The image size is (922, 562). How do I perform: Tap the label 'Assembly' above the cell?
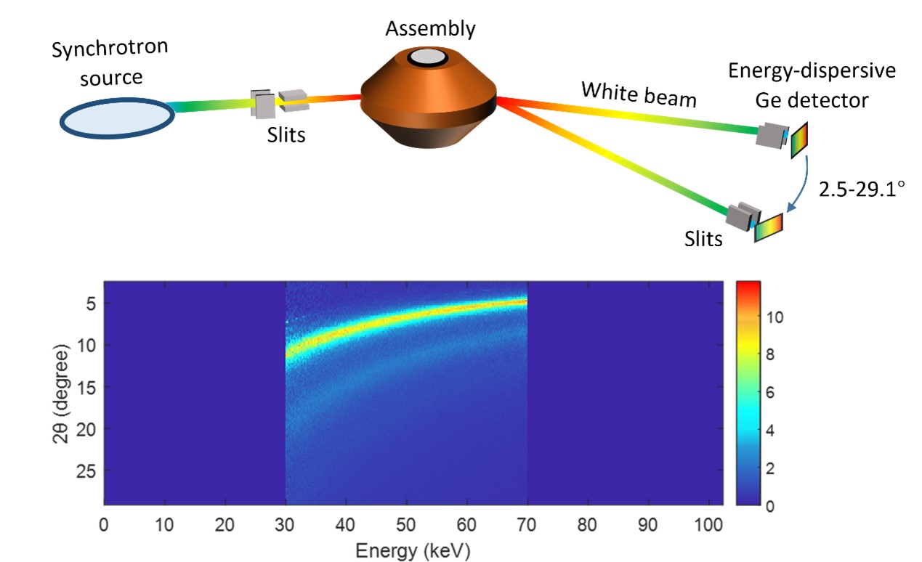pyautogui.click(x=430, y=29)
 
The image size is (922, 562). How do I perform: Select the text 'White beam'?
pyautogui.click(x=639, y=94)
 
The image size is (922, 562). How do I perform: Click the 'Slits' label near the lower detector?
pyautogui.click(x=703, y=238)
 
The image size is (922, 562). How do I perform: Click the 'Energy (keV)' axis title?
pyautogui.click(x=413, y=551)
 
